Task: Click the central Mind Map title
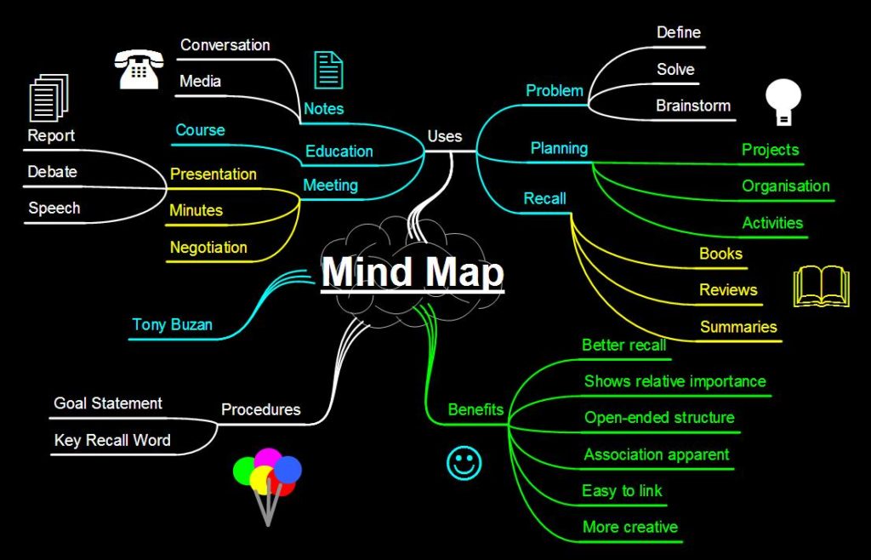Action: (413, 272)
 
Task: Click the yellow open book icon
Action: (821, 286)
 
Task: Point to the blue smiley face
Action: (464, 463)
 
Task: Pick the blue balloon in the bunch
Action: (287, 469)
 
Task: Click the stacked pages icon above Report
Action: (48, 98)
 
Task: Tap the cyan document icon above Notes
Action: (328, 70)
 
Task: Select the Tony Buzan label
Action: (172, 324)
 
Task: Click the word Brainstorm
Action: (693, 106)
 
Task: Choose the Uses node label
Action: (445, 136)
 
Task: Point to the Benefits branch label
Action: (475, 409)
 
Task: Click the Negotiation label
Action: (208, 248)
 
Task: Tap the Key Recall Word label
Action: (112, 440)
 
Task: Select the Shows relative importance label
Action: (675, 381)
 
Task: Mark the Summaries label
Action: (738, 327)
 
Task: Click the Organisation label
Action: (785, 186)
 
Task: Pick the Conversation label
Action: (225, 44)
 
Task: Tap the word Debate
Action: (52, 172)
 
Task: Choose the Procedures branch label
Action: (260, 409)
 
